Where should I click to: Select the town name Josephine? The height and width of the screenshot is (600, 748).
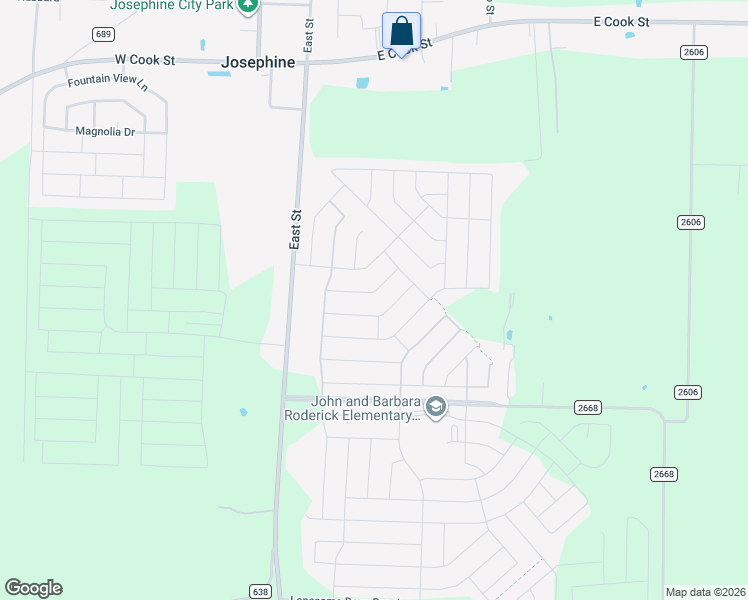pos(259,62)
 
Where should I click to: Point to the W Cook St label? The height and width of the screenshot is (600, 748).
pos(145,60)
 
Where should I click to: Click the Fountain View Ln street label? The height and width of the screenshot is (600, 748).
pos(107,84)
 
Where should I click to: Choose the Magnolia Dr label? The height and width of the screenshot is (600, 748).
pos(105,131)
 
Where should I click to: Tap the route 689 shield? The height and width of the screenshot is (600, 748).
pos(102,34)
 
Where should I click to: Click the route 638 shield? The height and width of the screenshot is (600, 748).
pos(259,592)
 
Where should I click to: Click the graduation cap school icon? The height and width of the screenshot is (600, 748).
pos(435,407)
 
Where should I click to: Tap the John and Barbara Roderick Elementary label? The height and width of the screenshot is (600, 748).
pos(350,409)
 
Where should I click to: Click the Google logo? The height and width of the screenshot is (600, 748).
pos(33,588)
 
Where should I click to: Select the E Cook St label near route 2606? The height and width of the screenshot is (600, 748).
pos(621,21)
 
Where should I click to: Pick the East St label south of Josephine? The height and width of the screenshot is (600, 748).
pos(296,229)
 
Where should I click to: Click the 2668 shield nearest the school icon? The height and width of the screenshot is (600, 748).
pos(588,407)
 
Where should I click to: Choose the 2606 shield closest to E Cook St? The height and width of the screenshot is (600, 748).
pos(690,51)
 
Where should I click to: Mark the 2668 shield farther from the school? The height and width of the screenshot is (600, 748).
pos(663,473)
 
